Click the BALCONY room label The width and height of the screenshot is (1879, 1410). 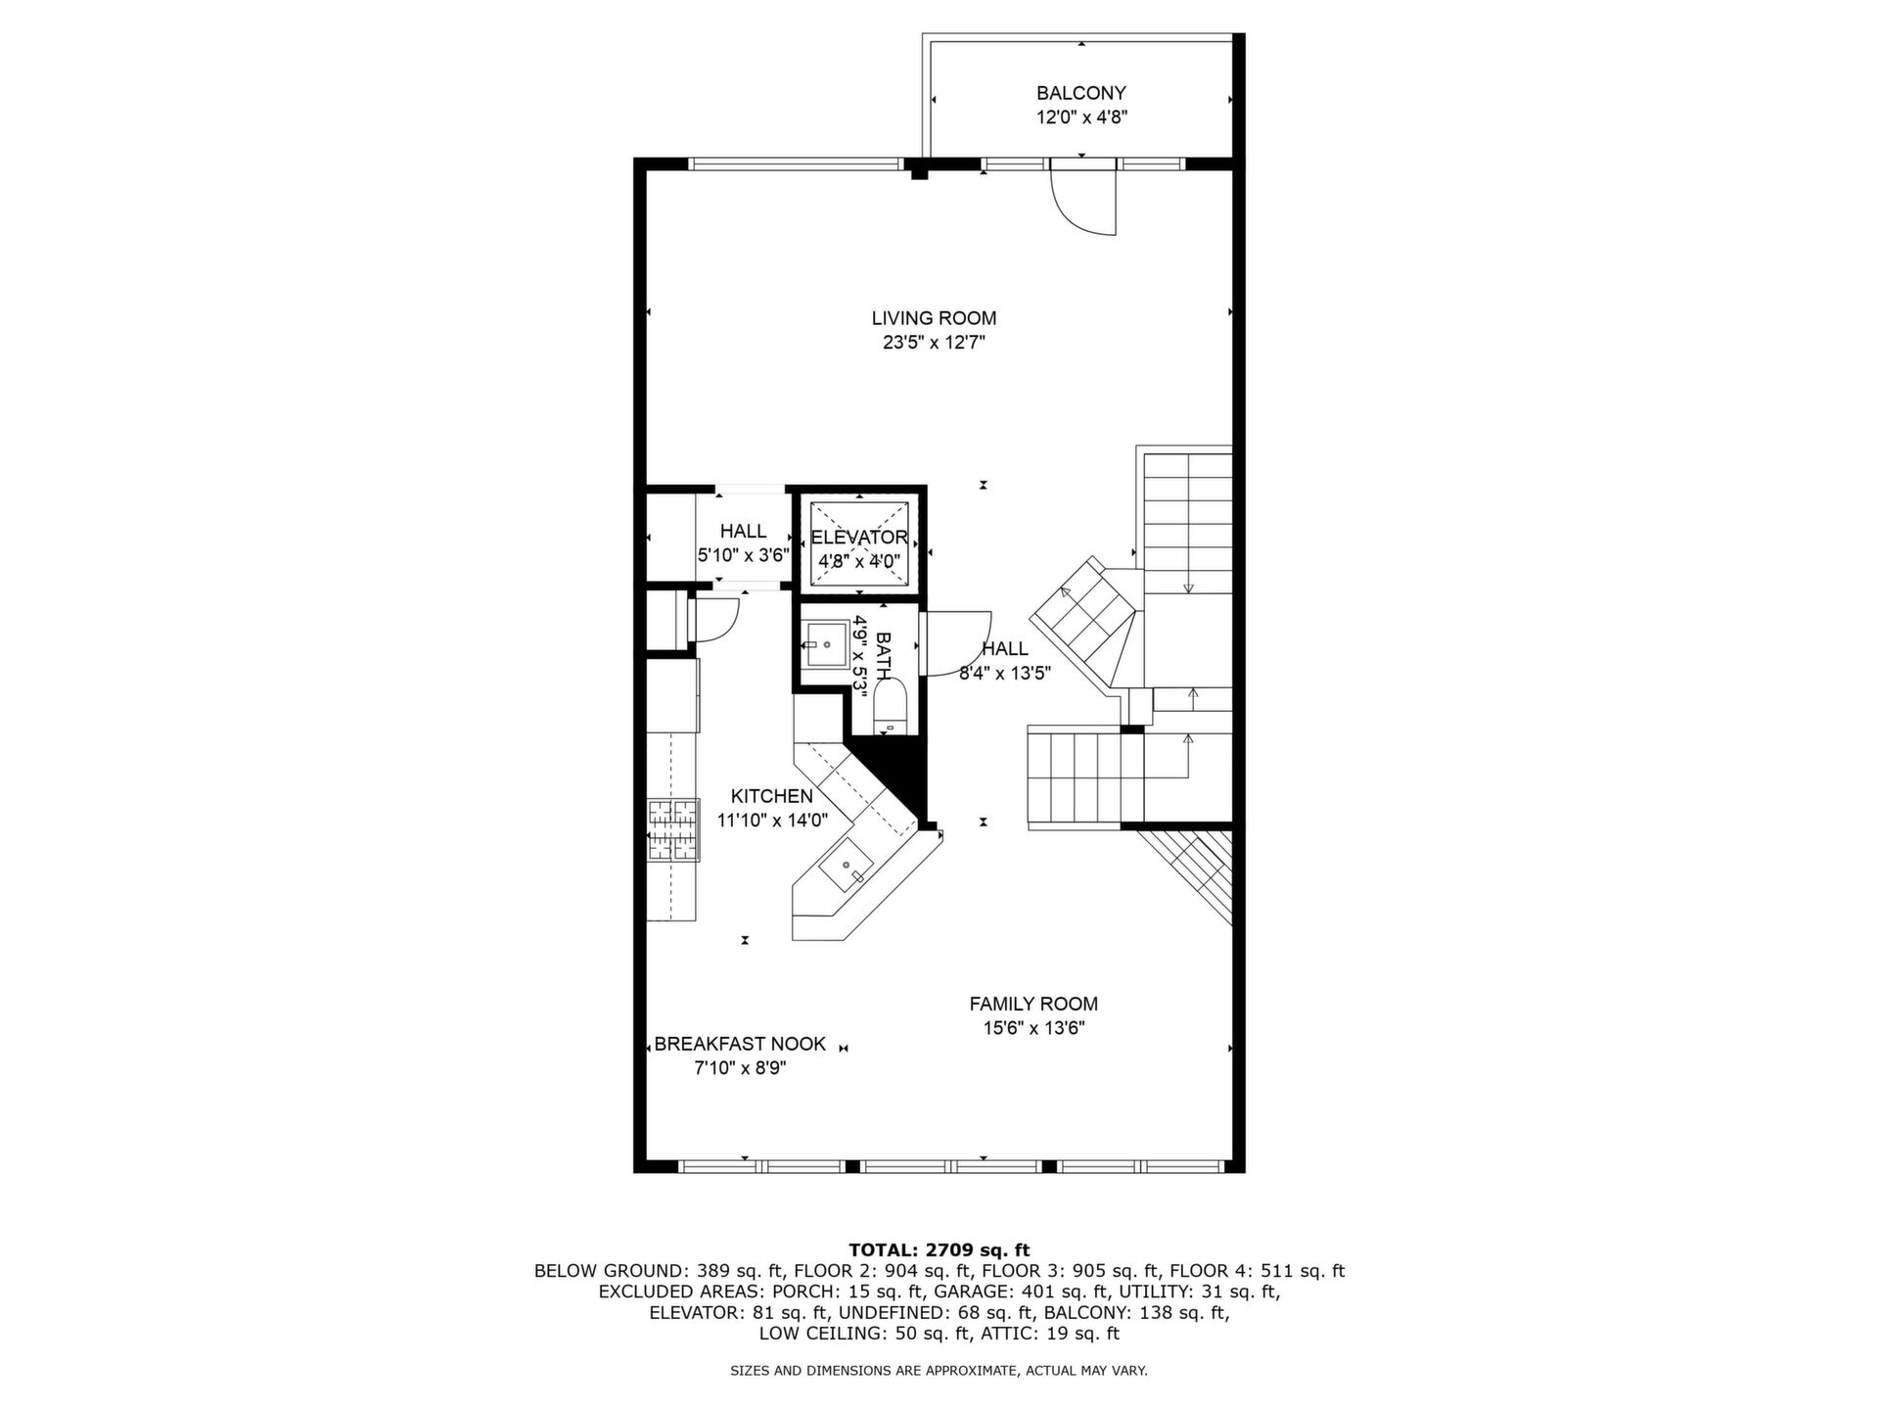tap(1081, 93)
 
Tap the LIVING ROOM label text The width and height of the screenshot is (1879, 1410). tap(934, 318)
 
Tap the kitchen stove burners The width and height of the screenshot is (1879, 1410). tap(673, 830)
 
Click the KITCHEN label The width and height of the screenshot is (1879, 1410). tap(772, 797)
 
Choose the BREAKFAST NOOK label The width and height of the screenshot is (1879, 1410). tap(740, 1044)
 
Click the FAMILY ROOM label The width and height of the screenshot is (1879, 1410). tap(1033, 1004)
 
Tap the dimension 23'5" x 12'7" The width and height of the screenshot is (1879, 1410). tap(934, 343)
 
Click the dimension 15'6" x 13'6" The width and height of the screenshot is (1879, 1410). tap(1033, 1028)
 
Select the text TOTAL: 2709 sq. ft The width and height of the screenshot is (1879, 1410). tap(939, 1249)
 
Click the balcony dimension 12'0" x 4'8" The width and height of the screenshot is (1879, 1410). tap(1081, 117)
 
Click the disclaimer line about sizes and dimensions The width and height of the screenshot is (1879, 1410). tap(939, 1371)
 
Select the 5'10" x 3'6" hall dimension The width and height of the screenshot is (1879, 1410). tap(743, 555)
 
